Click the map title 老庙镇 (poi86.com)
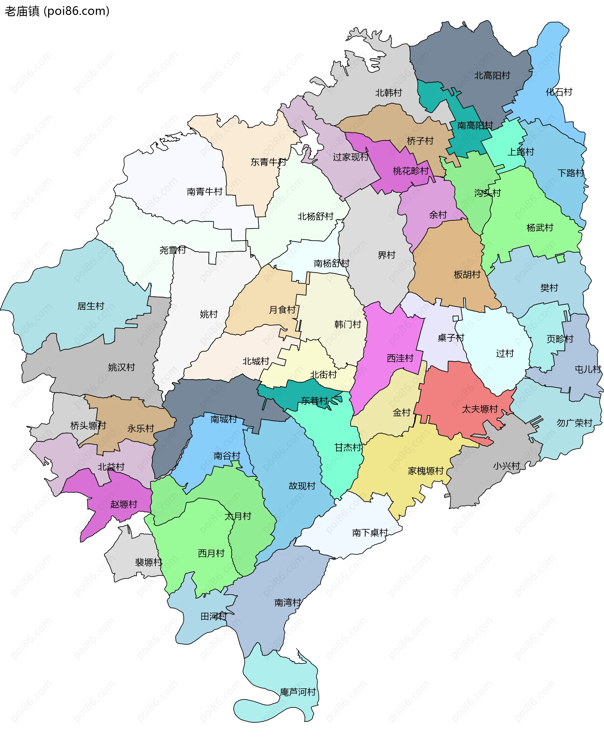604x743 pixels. click(57, 11)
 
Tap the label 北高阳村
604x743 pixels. click(492, 75)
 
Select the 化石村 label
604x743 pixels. click(559, 92)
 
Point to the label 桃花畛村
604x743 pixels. click(411, 171)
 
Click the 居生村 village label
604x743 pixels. click(91, 306)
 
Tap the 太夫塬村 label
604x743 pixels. click(480, 409)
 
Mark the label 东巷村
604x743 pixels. click(315, 401)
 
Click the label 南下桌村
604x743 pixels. click(370, 533)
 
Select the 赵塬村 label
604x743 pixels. click(124, 504)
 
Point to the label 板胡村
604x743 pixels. click(467, 275)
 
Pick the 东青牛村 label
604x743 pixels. click(268, 162)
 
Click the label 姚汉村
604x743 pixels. click(121, 367)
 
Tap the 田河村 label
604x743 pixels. click(214, 616)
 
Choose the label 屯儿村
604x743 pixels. click(588, 369)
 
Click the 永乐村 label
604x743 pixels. click(141, 428)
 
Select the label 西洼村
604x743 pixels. click(400, 358)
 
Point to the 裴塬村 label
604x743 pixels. click(148, 562)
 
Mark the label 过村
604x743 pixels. click(505, 353)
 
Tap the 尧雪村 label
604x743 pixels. click(173, 250)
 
